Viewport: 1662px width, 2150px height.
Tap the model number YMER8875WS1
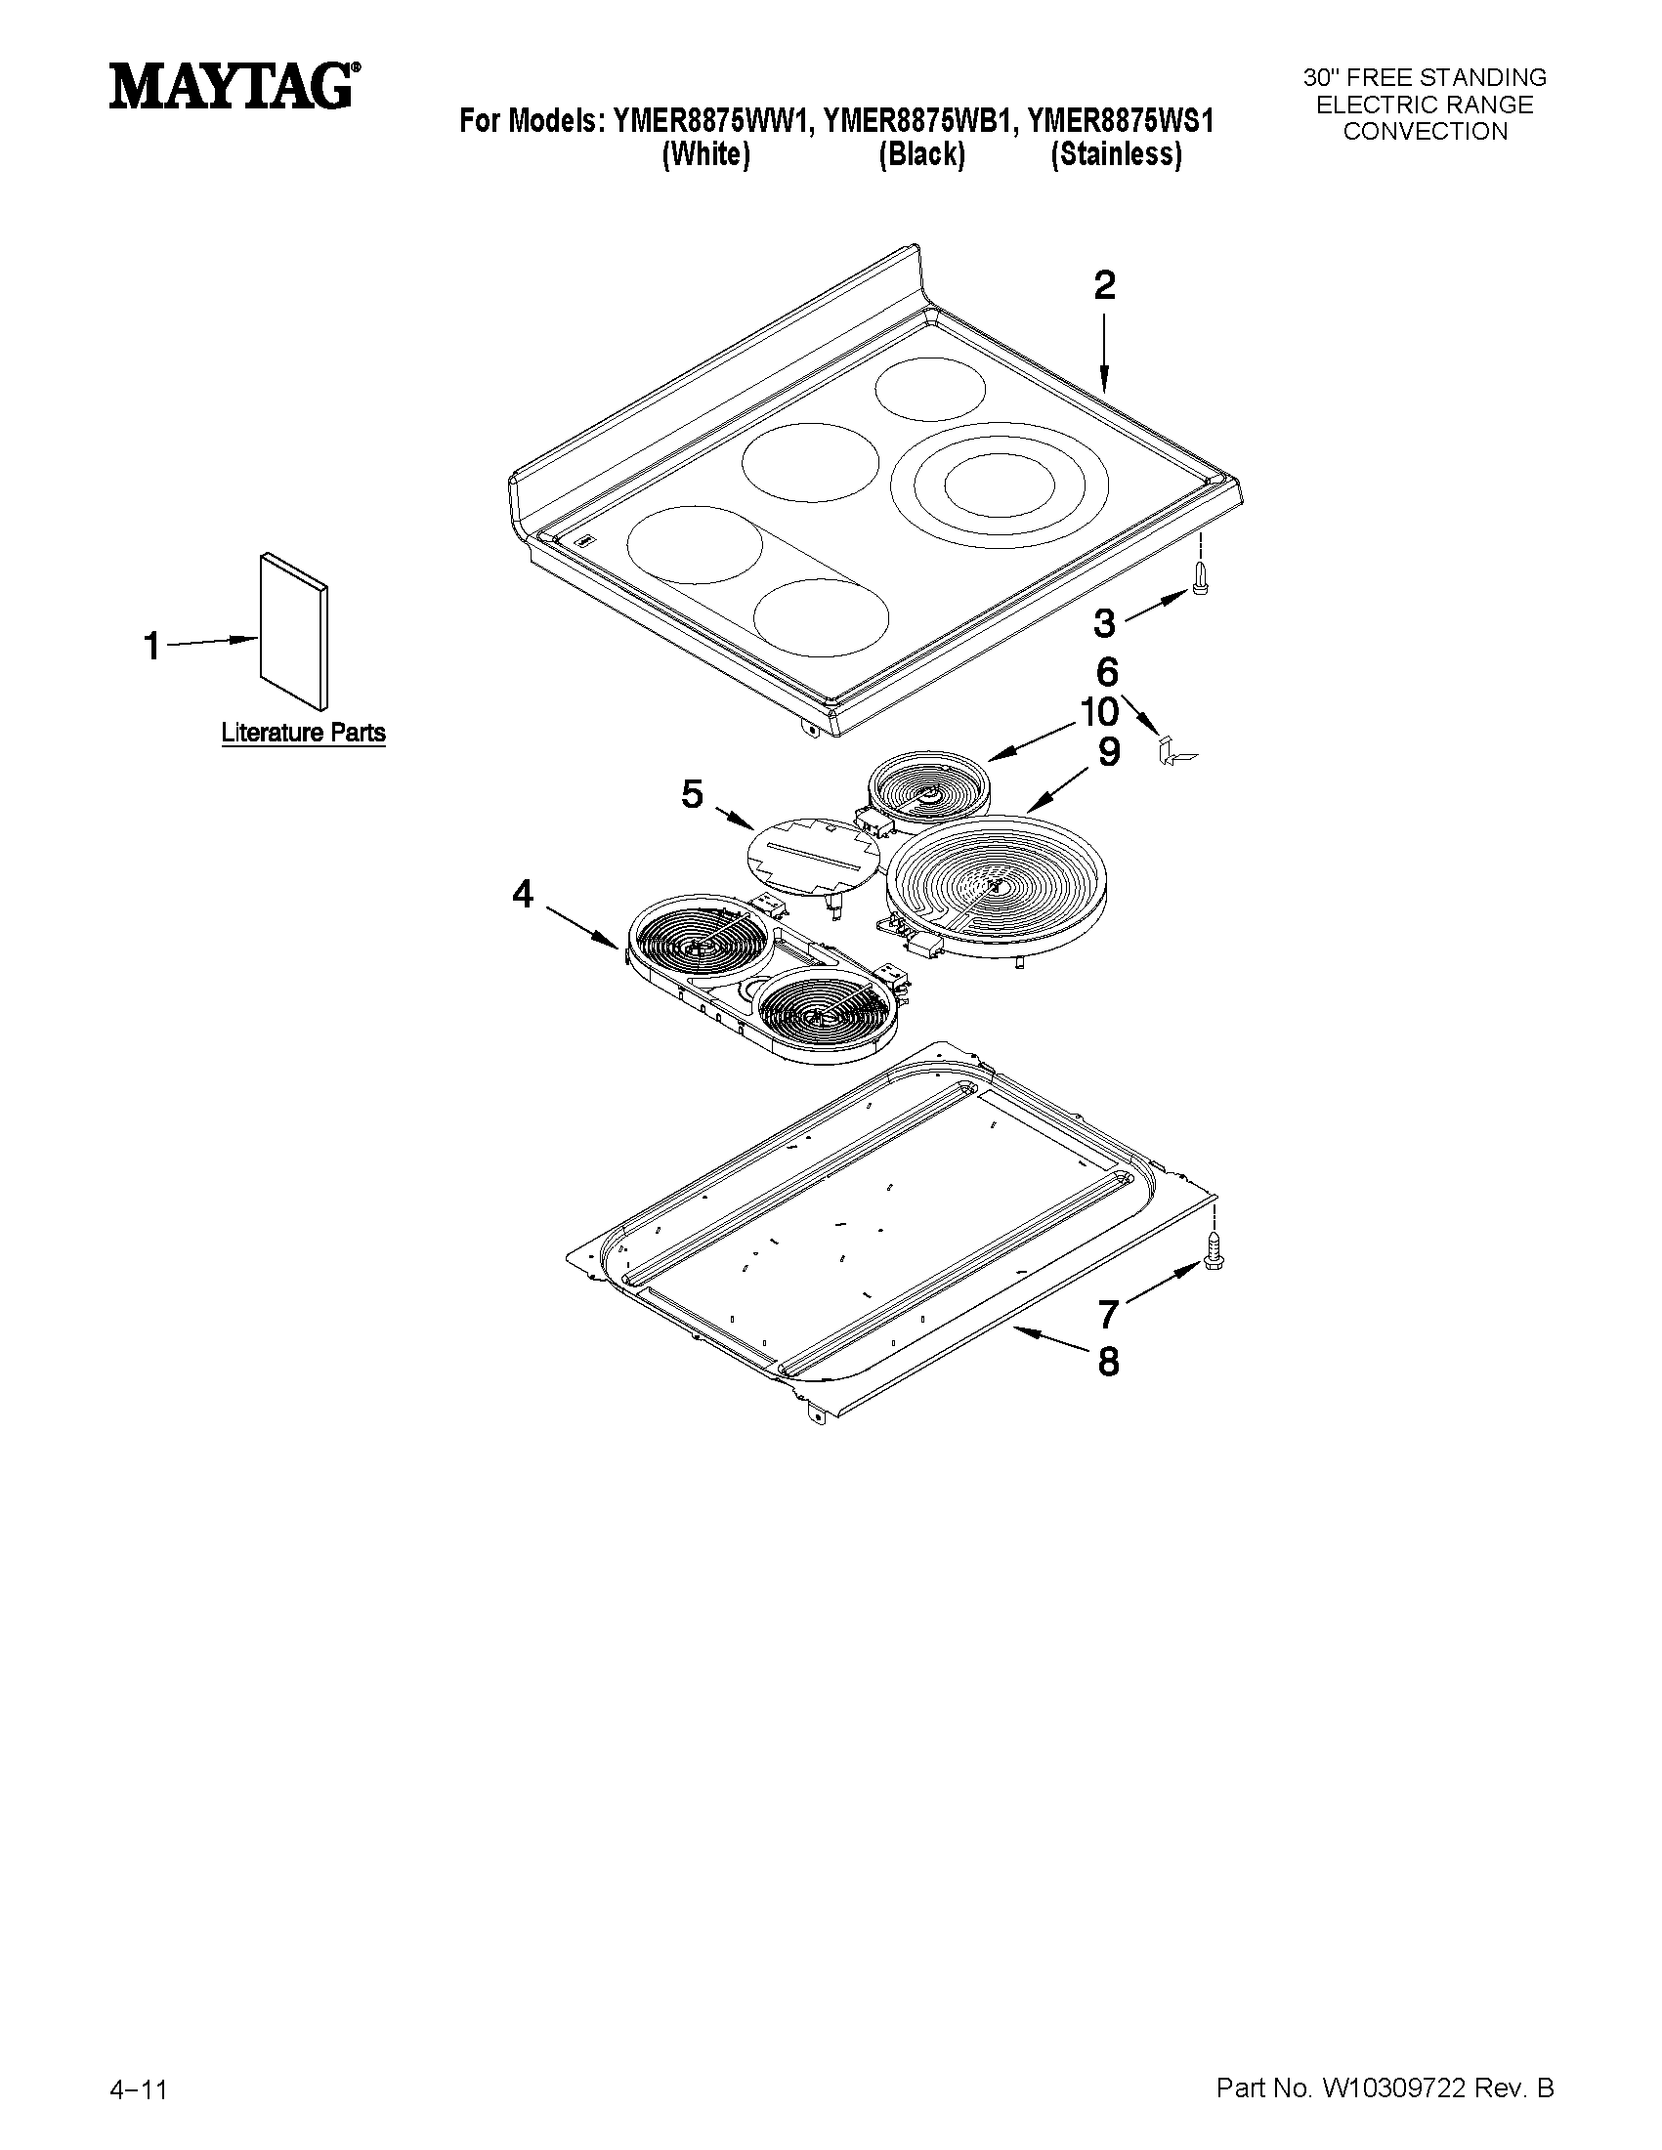[x=1120, y=121]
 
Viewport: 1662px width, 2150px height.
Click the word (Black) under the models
[x=921, y=154]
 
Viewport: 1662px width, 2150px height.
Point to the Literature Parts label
[x=303, y=733]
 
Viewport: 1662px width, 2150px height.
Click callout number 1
[x=152, y=647]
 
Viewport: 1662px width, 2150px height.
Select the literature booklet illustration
[x=293, y=630]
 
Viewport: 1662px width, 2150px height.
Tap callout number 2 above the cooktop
[x=1105, y=285]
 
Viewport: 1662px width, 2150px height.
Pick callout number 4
[x=522, y=894]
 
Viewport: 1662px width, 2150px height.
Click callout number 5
[x=692, y=793]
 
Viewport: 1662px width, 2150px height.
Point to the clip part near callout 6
[x=1175, y=752]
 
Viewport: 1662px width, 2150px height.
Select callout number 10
[x=1100, y=711]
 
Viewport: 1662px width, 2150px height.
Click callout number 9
[x=1109, y=752]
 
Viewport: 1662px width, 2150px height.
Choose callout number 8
[x=1109, y=1362]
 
